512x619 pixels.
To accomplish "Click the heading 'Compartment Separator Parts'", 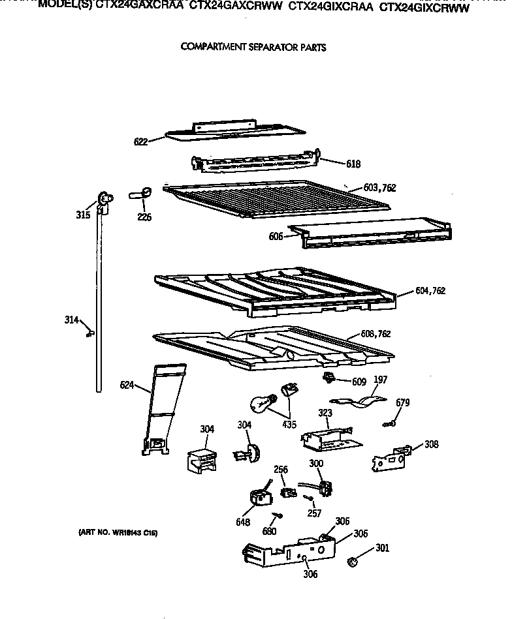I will [x=253, y=48].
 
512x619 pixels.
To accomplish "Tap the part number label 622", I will [x=140, y=140].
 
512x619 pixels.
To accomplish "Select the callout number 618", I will [x=353, y=164].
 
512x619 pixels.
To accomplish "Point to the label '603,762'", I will [x=379, y=188].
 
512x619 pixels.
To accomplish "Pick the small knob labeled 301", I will [x=353, y=560].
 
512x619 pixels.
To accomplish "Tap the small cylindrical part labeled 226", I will [x=142, y=192].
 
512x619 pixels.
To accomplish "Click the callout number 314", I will [x=71, y=320].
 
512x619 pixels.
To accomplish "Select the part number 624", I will [x=127, y=385].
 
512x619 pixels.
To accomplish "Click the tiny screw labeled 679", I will [x=389, y=424].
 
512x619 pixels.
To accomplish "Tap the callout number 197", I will [x=380, y=380].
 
